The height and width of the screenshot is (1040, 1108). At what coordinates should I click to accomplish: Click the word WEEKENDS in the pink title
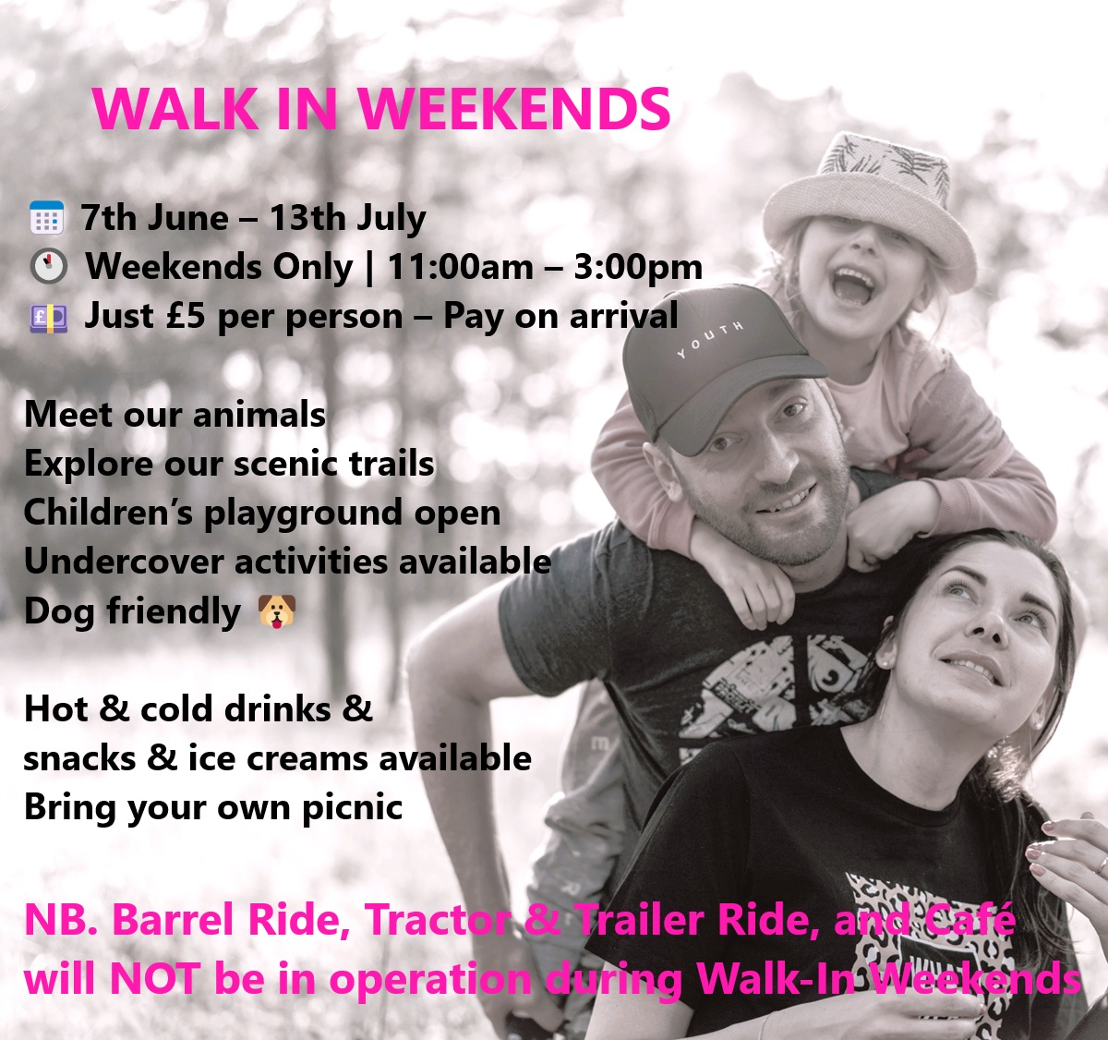(513, 109)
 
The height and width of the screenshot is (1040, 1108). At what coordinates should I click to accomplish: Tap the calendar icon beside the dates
(47, 217)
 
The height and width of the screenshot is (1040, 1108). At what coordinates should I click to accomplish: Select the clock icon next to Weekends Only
(48, 266)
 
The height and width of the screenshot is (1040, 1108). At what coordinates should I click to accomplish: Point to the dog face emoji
(277, 611)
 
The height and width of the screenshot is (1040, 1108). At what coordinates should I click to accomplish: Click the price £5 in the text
(186, 316)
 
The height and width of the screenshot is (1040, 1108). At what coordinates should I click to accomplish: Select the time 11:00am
(460, 267)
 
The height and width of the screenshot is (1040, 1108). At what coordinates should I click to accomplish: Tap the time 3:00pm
(638, 268)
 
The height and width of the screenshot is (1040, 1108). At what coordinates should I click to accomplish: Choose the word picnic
(353, 808)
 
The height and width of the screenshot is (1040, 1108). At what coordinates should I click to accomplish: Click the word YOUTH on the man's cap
(710, 339)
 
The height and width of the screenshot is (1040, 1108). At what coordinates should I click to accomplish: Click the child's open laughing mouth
(852, 288)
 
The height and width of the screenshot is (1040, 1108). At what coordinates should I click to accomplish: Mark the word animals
(259, 416)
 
